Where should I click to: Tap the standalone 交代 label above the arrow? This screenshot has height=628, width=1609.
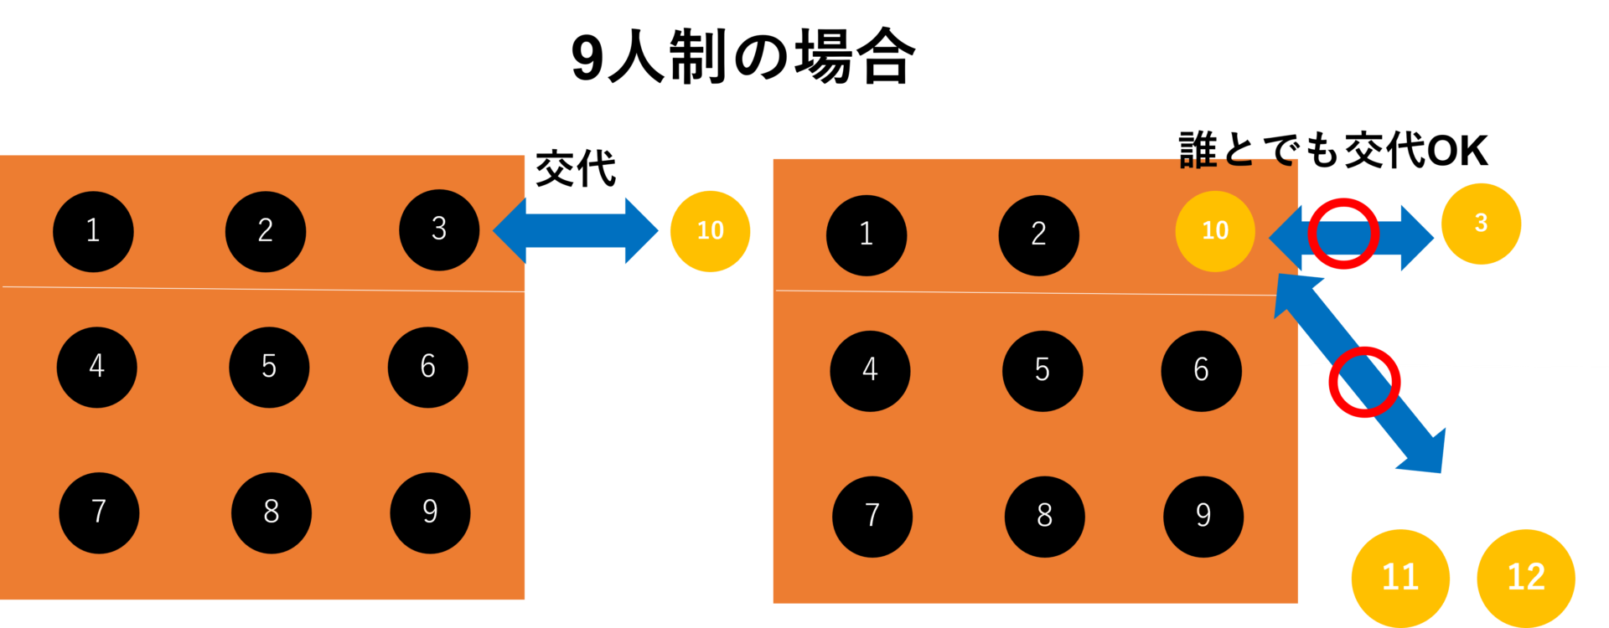pos(576,168)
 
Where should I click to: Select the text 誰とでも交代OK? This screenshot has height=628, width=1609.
pos(1333,151)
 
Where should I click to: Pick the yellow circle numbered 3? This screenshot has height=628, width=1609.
pos(1481,224)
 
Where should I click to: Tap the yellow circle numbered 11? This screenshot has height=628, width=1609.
pos(1400,578)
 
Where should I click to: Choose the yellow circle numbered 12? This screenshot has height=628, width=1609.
pos(1526,578)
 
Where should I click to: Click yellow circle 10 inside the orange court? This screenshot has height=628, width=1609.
pos(1215,231)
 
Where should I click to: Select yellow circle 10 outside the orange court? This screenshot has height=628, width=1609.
pos(710,231)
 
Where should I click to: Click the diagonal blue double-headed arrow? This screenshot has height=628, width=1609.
pos(1359,373)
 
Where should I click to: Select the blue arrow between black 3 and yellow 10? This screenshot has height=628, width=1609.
pos(576,231)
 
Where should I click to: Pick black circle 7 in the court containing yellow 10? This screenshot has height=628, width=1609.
pos(872,517)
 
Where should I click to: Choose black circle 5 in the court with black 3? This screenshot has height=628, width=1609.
pos(269,368)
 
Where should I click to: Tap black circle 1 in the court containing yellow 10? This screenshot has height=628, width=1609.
pos(867,235)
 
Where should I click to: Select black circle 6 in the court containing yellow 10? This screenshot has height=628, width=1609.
pos(1202,371)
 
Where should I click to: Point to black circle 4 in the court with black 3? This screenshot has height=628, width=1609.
pos(97,368)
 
